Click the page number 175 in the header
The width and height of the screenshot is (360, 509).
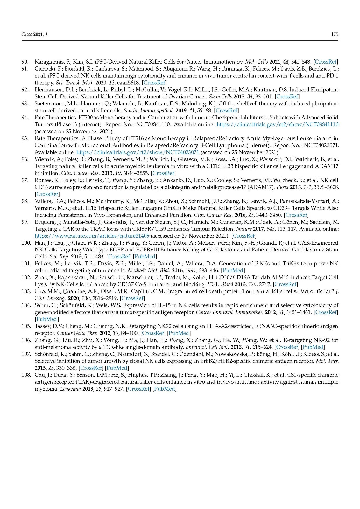coord(334,34)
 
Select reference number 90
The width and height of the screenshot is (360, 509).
coord(25,62)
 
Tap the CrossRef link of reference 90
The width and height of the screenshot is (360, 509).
coord(326,62)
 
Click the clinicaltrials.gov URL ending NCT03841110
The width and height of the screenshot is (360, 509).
coord(277,124)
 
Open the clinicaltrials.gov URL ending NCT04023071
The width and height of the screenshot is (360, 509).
coord(138,152)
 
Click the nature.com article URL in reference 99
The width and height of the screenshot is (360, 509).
coord(92,236)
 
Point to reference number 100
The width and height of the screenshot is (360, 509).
coord(26,243)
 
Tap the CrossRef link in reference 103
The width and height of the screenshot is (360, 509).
coord(132,298)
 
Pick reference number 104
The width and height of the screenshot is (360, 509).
coord(26,305)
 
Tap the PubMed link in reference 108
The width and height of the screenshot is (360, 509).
coord(165,389)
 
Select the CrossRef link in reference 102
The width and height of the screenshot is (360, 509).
coord(286,284)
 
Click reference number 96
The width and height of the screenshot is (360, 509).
coord(25,159)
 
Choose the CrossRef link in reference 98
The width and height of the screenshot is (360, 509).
coord(297,215)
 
